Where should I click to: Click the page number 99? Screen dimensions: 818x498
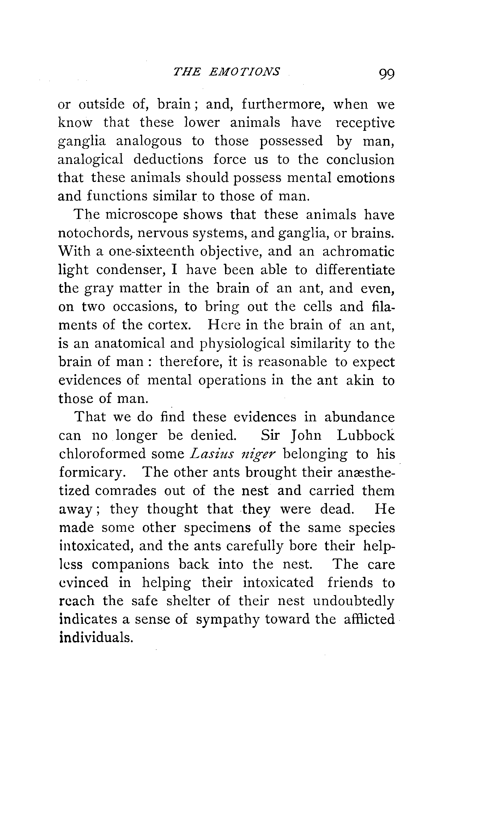[x=387, y=74]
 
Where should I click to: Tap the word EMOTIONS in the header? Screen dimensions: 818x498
[x=244, y=72]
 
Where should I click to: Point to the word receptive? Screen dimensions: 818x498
[x=365, y=123]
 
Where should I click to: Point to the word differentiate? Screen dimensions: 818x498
[x=355, y=270]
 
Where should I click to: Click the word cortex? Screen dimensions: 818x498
[x=169, y=325]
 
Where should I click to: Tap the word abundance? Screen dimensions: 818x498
[x=359, y=417]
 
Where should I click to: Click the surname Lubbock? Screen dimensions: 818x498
[x=365, y=436]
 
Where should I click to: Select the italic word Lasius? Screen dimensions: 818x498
[x=211, y=454]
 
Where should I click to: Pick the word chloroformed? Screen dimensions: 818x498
[x=102, y=454]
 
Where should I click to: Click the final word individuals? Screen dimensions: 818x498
[x=95, y=638]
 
